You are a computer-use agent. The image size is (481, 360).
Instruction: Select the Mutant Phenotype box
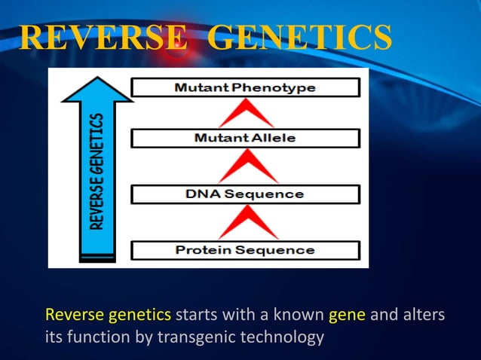[245, 88]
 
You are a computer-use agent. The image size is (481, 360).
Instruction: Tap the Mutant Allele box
[245, 139]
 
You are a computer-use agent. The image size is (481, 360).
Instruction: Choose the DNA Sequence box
[245, 194]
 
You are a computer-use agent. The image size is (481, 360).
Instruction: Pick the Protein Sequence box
[245, 250]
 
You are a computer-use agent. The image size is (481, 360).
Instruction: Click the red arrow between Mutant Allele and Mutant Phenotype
[246, 114]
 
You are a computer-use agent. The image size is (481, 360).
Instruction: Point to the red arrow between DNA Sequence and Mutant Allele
[246, 166]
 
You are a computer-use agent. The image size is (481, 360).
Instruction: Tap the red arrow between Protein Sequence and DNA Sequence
[246, 222]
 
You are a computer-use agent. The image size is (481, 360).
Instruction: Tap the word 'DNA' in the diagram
[201, 194]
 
